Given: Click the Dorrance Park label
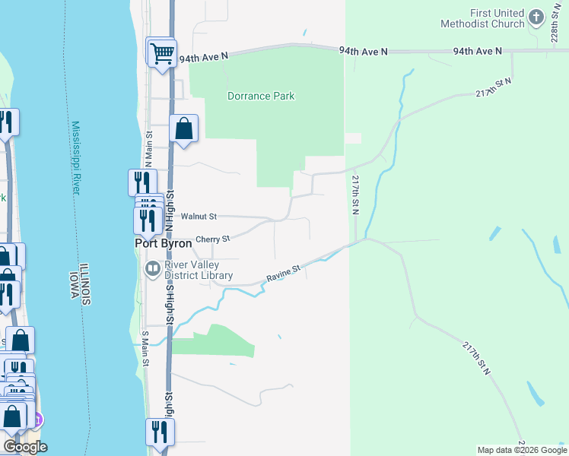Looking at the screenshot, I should tap(261, 97).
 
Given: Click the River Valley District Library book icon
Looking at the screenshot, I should tap(152, 268).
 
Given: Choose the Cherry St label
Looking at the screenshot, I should tap(212, 239).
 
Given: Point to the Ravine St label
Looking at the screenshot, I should tap(284, 274).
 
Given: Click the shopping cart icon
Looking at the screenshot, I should tap(162, 52).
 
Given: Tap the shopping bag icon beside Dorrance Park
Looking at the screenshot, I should tap(184, 128).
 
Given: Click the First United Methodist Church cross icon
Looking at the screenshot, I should tap(536, 17).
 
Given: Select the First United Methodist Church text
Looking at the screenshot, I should tap(482, 18).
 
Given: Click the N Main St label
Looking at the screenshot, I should tap(149, 148).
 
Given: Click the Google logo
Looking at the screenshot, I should tap(25, 447).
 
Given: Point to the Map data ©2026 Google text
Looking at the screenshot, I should tap(522, 450).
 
